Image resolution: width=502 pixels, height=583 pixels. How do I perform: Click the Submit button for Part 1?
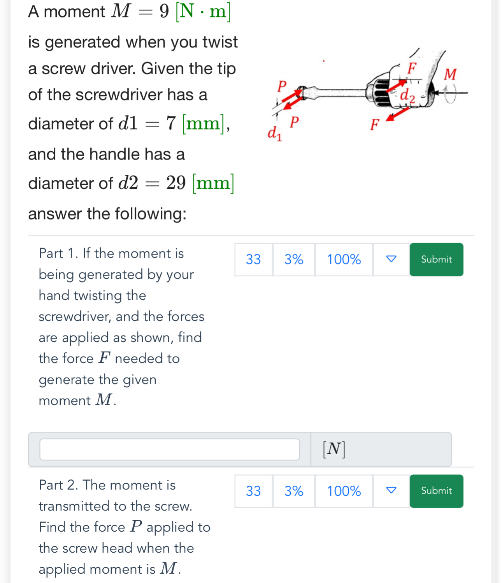tap(436, 260)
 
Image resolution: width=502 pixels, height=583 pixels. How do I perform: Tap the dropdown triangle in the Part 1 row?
tap(391, 259)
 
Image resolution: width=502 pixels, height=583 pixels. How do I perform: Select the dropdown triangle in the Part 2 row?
tap(391, 490)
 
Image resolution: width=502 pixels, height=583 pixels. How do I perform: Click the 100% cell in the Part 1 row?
tap(344, 260)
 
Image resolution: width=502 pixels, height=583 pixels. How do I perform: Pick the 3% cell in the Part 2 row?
tap(293, 491)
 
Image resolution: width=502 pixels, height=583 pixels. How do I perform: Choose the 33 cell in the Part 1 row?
tap(253, 260)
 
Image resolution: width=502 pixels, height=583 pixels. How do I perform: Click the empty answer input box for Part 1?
tap(170, 450)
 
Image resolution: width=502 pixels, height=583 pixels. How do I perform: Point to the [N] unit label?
tap(334, 449)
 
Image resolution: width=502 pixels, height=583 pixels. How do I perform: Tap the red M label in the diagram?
tap(450, 74)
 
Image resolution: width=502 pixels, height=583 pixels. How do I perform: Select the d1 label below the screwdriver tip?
tap(274, 133)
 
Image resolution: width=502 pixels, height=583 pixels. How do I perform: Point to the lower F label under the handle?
tap(374, 125)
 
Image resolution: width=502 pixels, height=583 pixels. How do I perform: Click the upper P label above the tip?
tap(282, 86)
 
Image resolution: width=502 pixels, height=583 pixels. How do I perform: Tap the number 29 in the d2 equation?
tap(176, 183)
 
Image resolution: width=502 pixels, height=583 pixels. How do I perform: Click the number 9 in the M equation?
tap(164, 11)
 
